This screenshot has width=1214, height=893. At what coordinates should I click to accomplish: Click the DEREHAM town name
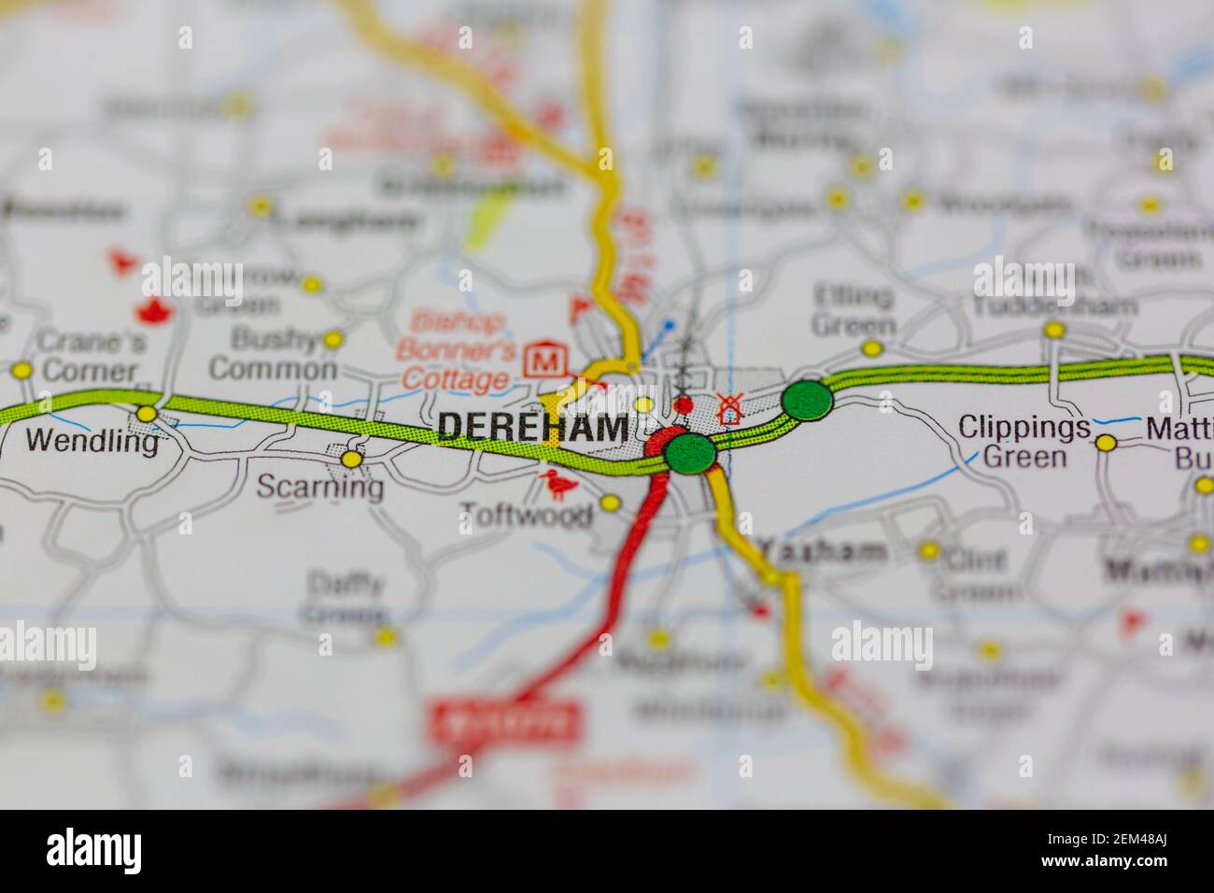coord(532,427)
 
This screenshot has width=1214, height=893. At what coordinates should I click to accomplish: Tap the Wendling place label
coord(92,440)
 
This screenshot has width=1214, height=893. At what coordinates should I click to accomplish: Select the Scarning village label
coord(319,488)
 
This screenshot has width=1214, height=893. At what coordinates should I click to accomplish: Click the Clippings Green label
coord(1023,442)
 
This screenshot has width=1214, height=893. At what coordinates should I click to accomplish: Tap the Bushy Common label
coord(272,354)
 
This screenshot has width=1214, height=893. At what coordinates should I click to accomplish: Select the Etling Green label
coord(853,311)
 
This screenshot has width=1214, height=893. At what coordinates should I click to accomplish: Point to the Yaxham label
coord(821,549)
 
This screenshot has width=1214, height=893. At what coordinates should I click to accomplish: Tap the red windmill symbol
coord(729,408)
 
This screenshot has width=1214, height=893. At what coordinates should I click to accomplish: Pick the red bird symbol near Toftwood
coord(559,484)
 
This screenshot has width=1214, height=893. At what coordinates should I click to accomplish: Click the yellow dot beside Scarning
coord(351,459)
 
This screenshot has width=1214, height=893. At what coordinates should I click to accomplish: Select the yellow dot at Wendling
coord(147,413)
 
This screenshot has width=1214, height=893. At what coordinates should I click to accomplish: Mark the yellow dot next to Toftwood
coord(610,503)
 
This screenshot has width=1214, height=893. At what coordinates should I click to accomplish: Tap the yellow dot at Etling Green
coord(871,348)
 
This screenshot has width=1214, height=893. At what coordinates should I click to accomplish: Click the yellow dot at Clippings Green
coord(1106,442)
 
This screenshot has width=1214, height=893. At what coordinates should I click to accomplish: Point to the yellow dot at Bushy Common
coord(332,339)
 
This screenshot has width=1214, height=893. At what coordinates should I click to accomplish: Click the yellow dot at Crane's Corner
coord(21,371)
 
